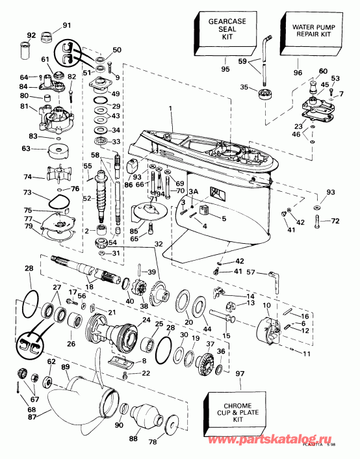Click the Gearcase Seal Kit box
pyautogui.click(x=221, y=33)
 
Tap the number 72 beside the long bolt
pyautogui.click(x=335, y=222)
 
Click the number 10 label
pyautogui.click(x=266, y=306)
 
